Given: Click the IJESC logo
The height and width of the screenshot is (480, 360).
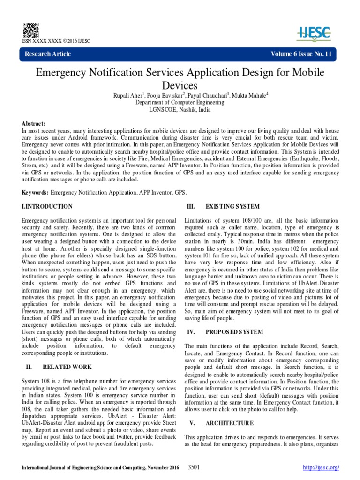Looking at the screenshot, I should pyautogui.click(x=314, y=32).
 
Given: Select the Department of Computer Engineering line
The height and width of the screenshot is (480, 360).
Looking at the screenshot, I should pyautogui.click(x=180, y=102).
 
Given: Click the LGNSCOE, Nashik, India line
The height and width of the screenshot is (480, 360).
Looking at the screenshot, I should pyautogui.click(x=180, y=109).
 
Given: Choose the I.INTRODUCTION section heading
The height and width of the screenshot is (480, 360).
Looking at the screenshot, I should pyautogui.click(x=47, y=206).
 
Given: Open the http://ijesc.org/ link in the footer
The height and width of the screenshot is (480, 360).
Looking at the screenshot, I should pyautogui.click(x=321, y=468).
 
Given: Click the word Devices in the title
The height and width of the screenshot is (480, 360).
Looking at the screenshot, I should pyautogui.click(x=180, y=85).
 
